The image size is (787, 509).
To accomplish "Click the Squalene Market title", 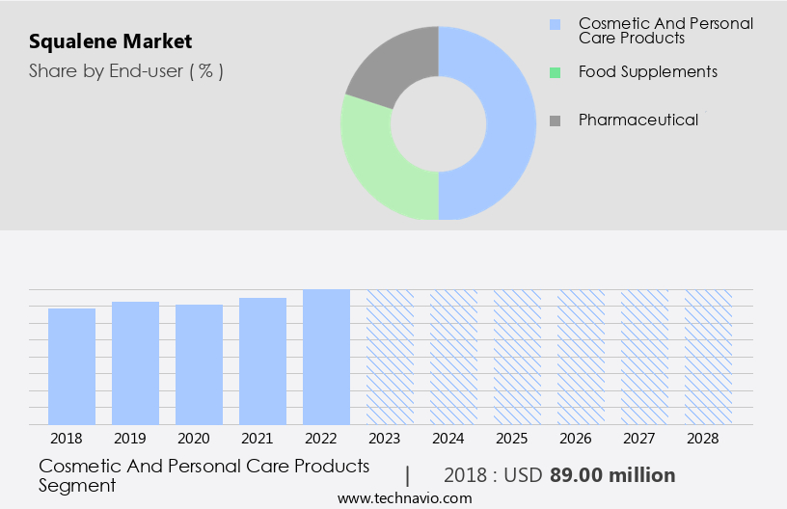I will pos(110,41).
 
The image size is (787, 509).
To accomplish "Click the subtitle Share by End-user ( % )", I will pos(125,70).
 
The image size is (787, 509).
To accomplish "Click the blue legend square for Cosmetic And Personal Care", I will pos(555,24).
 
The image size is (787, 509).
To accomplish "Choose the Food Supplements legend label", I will pos(647,71).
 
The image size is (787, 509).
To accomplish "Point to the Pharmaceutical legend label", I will pos(638,120).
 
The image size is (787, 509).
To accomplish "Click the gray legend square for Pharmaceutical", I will pos(555,121).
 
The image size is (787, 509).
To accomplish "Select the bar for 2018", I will pos(71,366).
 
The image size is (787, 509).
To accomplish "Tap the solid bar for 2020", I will pos(199,364).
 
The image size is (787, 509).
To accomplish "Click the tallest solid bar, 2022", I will pos(326,357).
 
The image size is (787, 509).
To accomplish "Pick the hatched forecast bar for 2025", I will pos(517,357).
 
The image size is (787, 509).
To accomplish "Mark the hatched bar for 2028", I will pos(708,357).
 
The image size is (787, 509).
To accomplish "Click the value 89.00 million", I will pos(612,475).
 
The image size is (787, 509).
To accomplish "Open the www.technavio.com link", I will pos(404,498).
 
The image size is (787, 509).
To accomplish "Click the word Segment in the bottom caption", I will pos(77,485).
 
